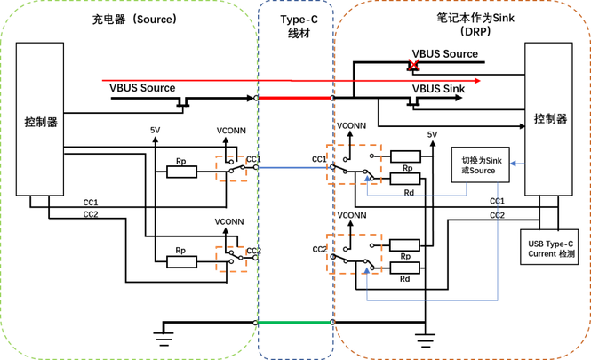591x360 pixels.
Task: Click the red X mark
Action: (x=413, y=63)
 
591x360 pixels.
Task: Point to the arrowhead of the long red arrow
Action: (x=477, y=81)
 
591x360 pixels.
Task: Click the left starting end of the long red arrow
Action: (x=102, y=80)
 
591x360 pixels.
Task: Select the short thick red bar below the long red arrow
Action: (x=294, y=98)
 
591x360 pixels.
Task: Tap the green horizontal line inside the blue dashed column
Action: (x=294, y=323)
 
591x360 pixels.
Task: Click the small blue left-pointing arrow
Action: (x=517, y=164)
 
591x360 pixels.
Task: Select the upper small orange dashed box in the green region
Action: (x=231, y=169)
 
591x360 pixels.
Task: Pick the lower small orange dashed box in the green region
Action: (x=231, y=258)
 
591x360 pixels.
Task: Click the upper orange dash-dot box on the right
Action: (x=354, y=163)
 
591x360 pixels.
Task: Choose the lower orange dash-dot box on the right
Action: (x=355, y=253)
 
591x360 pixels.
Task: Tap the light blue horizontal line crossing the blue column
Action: (x=294, y=166)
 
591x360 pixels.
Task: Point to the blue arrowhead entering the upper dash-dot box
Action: (x=367, y=180)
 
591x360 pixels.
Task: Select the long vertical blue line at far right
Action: (x=498, y=240)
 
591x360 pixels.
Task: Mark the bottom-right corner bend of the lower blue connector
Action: (x=498, y=300)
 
